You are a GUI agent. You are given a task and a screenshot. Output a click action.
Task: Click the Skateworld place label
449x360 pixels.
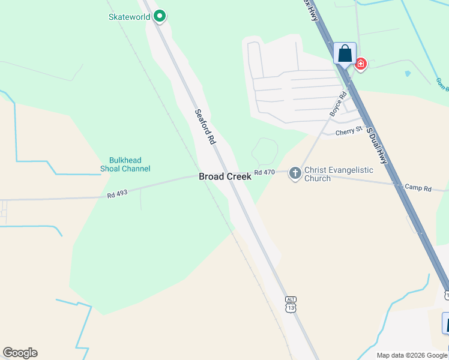click(128, 17)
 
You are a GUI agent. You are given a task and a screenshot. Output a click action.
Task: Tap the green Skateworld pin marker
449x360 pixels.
click(159, 16)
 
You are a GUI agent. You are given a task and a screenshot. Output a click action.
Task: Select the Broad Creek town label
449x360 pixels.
click(225, 176)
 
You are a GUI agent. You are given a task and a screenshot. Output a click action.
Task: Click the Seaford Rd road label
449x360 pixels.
click(205, 127)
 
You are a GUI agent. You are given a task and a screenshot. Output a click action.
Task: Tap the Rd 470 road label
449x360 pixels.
click(264, 172)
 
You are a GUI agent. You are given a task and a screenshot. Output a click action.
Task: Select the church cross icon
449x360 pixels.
click(295, 173)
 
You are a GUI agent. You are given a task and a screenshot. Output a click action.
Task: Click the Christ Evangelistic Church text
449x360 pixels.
click(339, 174)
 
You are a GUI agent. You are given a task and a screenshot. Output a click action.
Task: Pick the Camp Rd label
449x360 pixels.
click(418, 188)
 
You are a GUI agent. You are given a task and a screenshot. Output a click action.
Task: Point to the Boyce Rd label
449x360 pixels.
click(339, 104)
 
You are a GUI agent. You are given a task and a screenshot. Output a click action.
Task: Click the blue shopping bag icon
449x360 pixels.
click(345, 53)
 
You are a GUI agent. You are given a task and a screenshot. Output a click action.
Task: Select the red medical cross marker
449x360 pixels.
click(360, 63)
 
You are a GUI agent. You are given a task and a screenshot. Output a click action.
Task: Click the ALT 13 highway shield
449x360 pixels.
click(291, 304)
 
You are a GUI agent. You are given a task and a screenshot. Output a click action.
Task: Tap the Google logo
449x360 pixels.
click(20, 353)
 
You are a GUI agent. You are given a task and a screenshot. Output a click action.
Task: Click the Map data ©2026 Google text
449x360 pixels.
click(412, 355)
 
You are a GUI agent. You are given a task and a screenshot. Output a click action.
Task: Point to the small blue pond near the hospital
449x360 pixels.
click(408, 74)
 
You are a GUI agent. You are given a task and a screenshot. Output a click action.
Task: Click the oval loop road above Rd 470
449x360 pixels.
click(264, 150)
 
